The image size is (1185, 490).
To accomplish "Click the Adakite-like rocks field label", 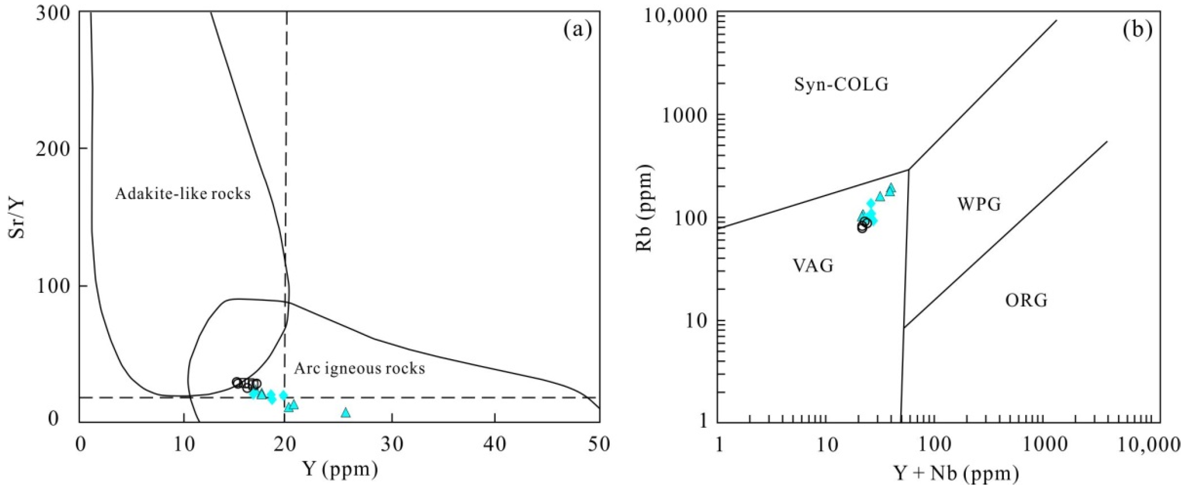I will [183, 194].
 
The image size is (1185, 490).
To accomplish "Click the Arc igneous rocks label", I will [359, 368].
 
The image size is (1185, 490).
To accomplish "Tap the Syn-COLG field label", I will [841, 84].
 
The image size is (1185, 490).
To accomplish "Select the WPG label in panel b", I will [979, 204].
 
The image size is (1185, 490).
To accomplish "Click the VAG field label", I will [813, 266].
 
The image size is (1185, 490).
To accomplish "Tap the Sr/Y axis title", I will [18, 217].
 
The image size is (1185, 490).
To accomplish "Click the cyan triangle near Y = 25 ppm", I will [346, 412].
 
